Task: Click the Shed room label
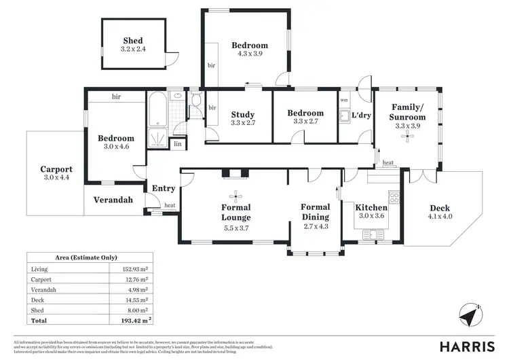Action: pos(133,40)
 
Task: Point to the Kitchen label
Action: pos(371,207)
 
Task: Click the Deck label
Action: pos(439,208)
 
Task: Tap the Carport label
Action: pos(56,169)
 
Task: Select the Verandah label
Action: pos(113,200)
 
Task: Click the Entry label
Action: pos(164,189)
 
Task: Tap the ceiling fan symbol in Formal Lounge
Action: pos(235,192)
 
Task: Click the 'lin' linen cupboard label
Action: pos(178,143)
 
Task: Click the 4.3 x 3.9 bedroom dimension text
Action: pos(250,54)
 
